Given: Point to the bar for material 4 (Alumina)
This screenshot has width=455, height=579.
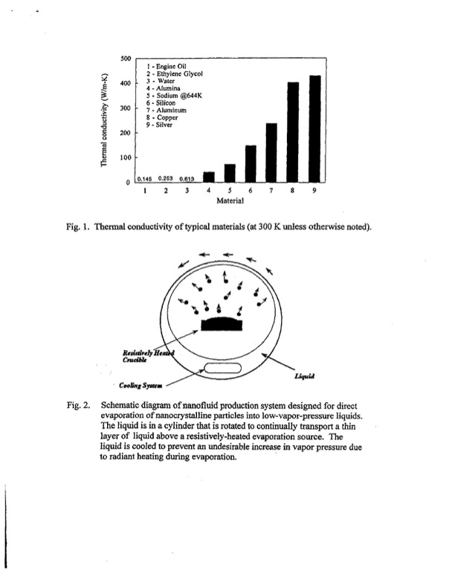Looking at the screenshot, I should tap(208, 176).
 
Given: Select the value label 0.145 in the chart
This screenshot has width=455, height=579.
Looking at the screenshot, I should tap(146, 178).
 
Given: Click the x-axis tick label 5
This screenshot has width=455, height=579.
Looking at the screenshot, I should tap(230, 190).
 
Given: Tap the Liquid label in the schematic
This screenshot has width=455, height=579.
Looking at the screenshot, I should tap(306, 378).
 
